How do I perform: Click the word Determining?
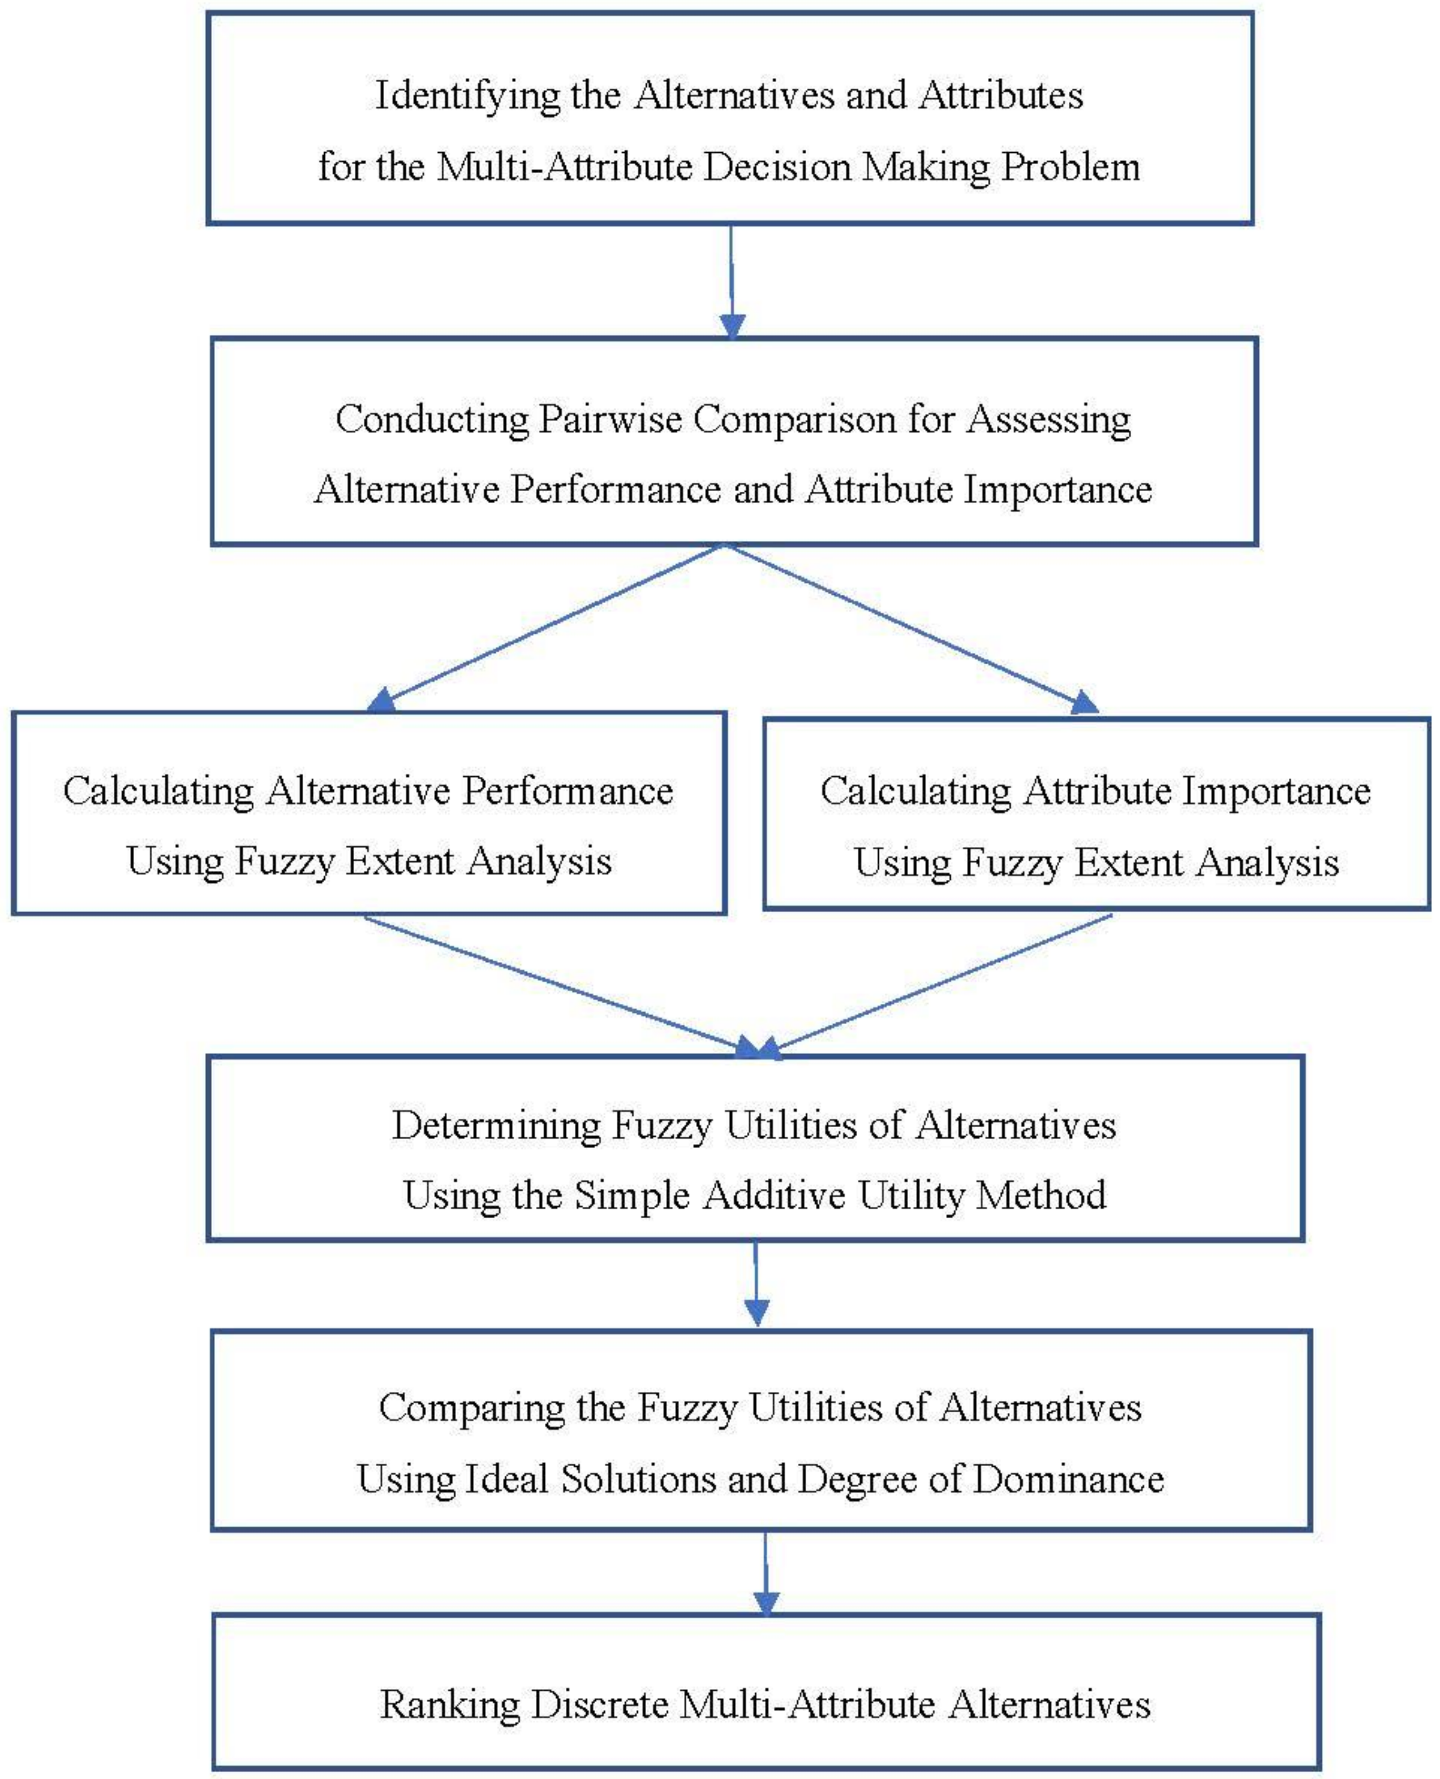[496, 1126]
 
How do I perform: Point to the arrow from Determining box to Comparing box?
[756, 1282]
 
